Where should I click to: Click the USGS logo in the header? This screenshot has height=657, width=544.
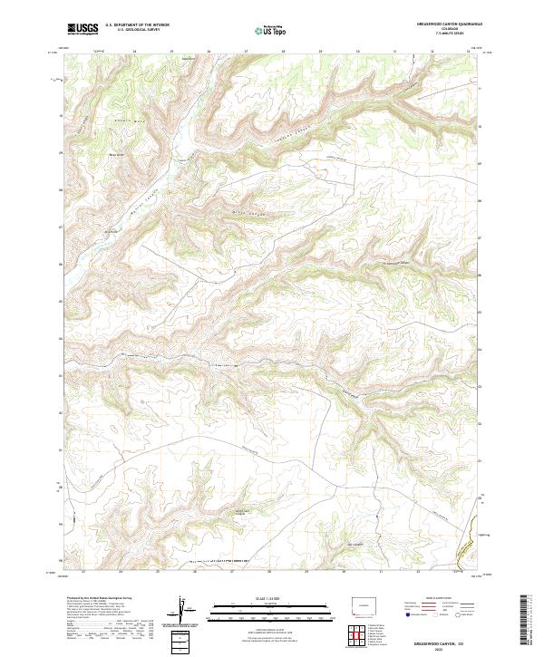point(83,29)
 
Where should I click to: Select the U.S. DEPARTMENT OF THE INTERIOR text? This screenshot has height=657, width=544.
point(137,25)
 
